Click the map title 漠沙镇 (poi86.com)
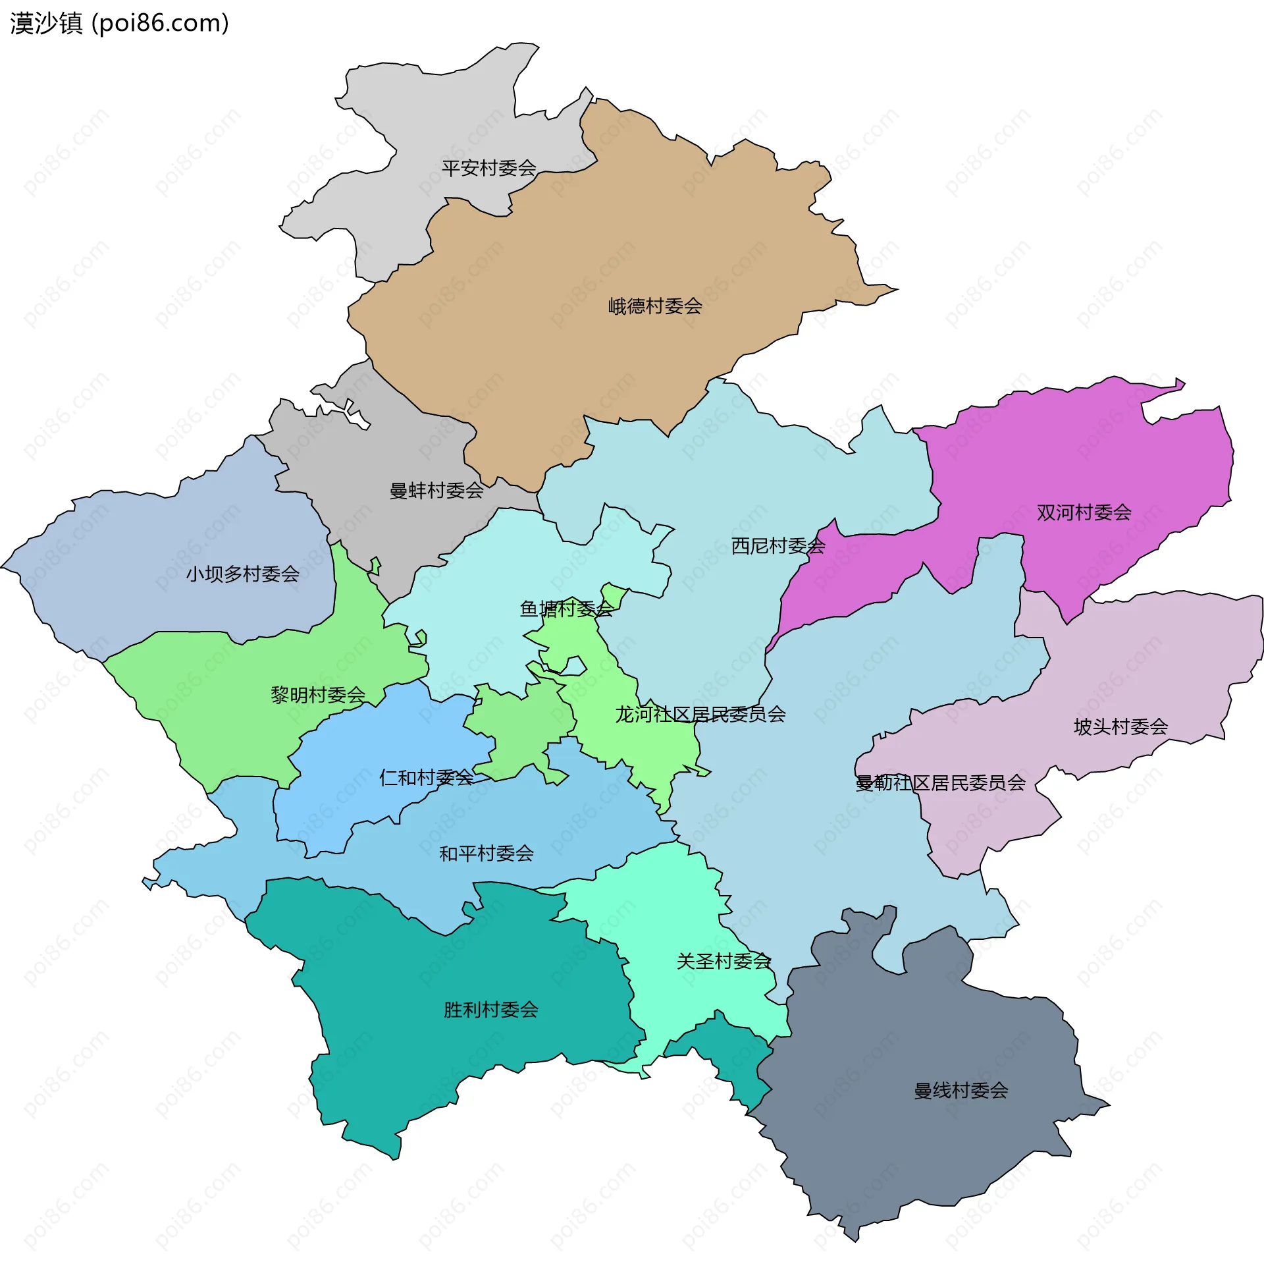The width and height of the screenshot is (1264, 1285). (120, 23)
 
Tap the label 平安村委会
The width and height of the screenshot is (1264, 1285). (488, 168)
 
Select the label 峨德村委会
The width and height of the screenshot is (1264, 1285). (654, 306)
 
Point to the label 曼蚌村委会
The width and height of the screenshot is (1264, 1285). (436, 491)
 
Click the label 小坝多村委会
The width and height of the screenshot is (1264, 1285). (242, 574)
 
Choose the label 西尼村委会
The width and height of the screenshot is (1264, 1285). (777, 546)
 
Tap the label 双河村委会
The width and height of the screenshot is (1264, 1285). (1084, 512)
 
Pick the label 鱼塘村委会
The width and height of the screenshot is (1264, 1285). (566, 609)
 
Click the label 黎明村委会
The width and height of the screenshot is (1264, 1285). (318, 695)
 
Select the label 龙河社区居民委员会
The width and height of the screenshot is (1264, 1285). (700, 714)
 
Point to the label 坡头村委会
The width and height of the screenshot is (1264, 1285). (1120, 726)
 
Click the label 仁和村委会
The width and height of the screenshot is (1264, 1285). (425, 777)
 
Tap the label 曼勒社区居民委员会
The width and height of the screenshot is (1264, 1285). (939, 783)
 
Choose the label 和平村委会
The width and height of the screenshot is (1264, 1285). (486, 854)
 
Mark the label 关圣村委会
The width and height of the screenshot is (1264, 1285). (723, 961)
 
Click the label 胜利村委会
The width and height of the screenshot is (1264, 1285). (490, 1010)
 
